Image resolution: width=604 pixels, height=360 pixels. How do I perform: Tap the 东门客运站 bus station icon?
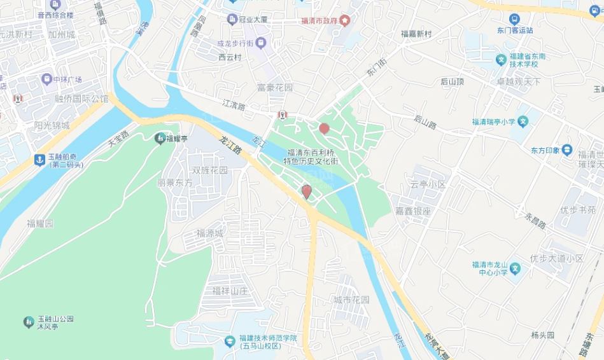(x=514, y=19)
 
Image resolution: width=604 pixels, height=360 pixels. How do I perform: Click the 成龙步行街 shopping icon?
(x=262, y=43)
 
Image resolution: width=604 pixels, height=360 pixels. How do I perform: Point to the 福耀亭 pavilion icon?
(x=160, y=138)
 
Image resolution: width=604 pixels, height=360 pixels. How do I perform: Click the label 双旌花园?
(x=210, y=170)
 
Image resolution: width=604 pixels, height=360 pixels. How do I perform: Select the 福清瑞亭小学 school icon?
(x=523, y=121)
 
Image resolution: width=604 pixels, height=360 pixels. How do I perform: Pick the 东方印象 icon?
(x=567, y=150)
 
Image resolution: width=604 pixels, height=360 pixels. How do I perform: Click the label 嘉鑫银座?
(x=413, y=211)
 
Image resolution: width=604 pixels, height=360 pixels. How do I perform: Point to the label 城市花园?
(x=351, y=300)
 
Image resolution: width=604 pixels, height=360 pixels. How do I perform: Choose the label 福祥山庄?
(x=230, y=291)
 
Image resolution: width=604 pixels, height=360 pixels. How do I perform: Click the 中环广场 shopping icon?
(x=46, y=80)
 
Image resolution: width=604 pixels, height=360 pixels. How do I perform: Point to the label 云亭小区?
(x=428, y=184)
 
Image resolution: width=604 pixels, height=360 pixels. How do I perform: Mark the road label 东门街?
(x=376, y=68)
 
